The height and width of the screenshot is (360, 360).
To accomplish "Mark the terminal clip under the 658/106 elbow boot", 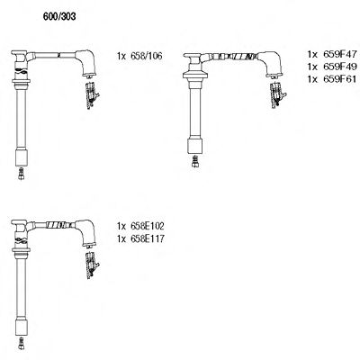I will [91, 97].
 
